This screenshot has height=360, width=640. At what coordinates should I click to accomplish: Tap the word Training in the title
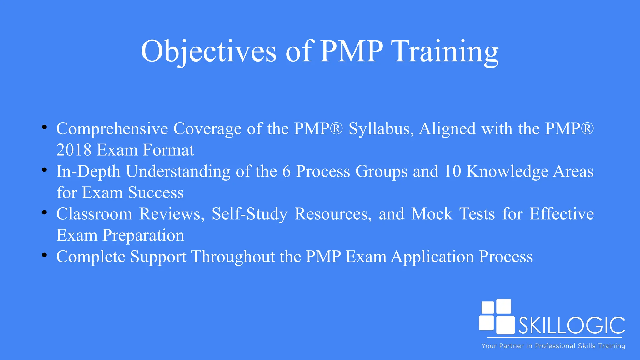(x=446, y=52)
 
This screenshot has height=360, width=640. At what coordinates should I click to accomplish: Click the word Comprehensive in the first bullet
(x=112, y=129)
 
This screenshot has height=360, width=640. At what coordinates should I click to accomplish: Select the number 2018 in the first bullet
(x=74, y=150)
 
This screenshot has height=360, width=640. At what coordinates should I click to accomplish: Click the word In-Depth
(x=88, y=172)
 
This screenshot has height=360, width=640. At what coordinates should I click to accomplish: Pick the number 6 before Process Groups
(x=286, y=172)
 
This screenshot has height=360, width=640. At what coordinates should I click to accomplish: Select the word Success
(x=156, y=193)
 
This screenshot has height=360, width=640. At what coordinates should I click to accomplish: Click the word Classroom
(x=94, y=214)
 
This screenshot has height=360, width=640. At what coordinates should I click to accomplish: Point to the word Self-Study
(x=249, y=214)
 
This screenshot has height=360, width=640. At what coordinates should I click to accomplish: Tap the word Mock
(x=432, y=214)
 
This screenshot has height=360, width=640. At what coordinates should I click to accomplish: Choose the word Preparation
(x=143, y=236)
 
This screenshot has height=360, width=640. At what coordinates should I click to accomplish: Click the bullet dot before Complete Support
(x=44, y=255)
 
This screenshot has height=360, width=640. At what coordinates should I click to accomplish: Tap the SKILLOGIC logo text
(x=572, y=326)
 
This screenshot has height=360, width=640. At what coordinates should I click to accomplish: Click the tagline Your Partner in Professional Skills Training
(x=553, y=346)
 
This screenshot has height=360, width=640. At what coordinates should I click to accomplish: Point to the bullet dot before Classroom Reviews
(x=44, y=212)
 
